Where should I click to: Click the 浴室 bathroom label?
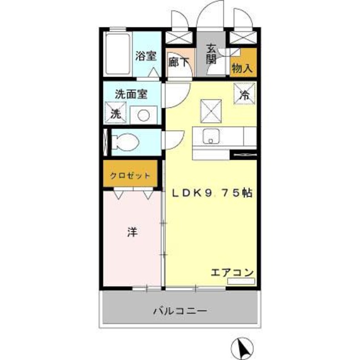tap(146, 56)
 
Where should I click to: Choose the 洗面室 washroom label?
tap(131, 94)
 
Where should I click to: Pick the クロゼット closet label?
tap(130, 175)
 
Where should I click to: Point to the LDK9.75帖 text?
tap(211, 193)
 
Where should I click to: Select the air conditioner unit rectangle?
tap(241, 281)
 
